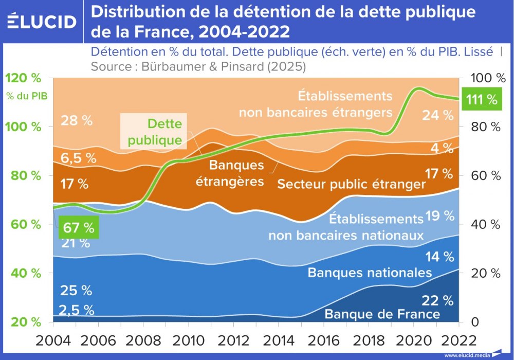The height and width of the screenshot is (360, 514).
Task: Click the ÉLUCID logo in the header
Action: tap(42, 22)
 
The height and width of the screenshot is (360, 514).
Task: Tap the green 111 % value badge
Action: tap(482, 99)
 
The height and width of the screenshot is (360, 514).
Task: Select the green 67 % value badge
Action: tap(78, 227)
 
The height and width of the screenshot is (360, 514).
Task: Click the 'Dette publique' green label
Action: tap(155, 132)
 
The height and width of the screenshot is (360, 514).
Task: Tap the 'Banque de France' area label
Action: tap(382, 314)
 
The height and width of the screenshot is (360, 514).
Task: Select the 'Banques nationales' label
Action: tap(370, 272)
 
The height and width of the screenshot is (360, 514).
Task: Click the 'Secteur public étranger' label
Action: tap(352, 184)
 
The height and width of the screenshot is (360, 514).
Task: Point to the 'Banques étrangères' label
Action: tap(236, 173)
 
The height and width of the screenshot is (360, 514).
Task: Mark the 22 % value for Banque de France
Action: tap(437, 300)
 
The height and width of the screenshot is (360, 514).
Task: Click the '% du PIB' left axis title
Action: tap(26, 96)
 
